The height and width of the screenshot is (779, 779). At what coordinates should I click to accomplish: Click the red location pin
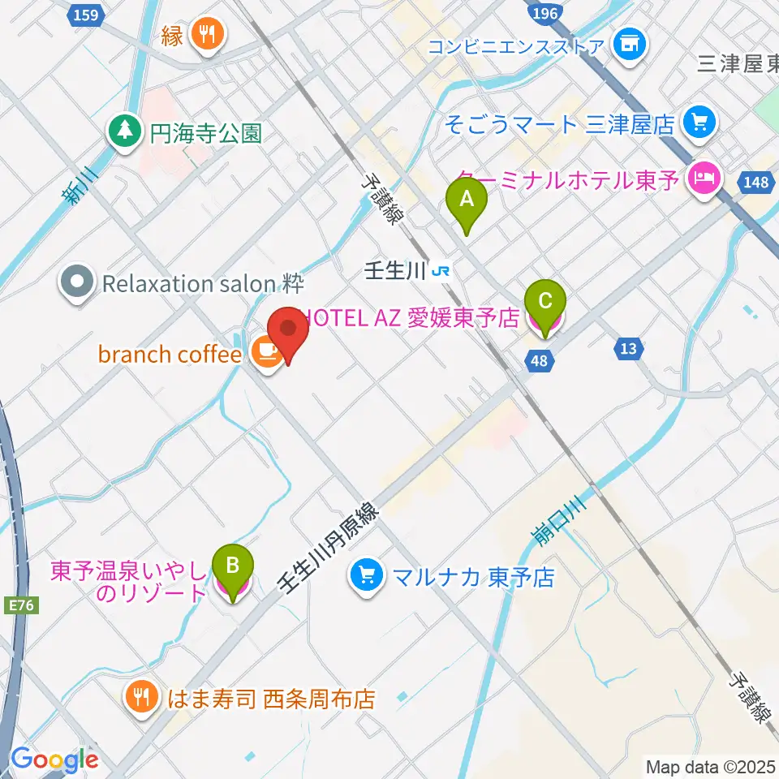click(x=288, y=334)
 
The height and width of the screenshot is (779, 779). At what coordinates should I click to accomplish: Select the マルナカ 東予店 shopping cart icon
click(x=367, y=576)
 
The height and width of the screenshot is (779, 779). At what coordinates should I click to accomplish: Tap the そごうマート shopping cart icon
click(x=697, y=123)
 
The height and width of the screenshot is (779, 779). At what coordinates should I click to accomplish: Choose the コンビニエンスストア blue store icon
click(x=629, y=44)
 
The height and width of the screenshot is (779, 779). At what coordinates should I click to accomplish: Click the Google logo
click(x=54, y=759)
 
